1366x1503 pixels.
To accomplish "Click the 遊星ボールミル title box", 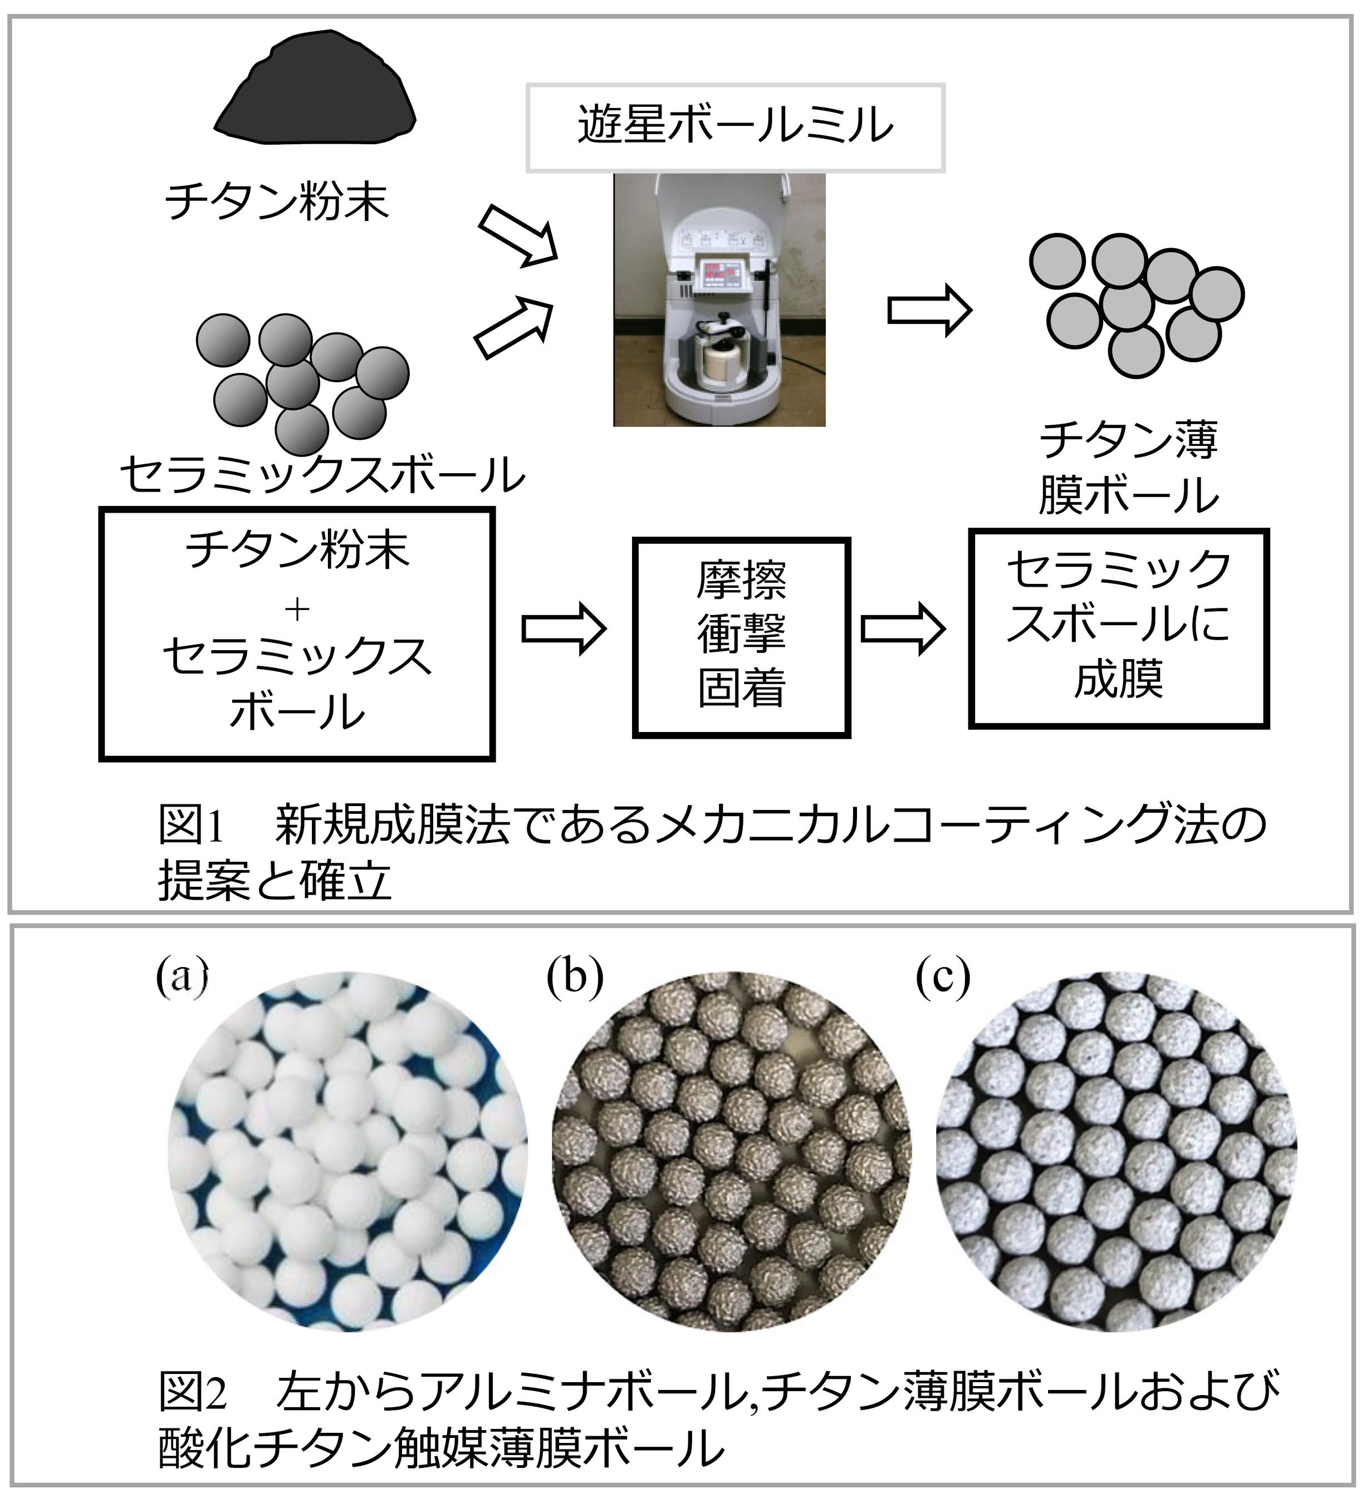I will [735, 127].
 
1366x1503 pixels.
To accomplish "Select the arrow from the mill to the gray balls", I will [929, 310].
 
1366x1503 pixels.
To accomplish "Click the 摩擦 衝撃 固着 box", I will [741, 637].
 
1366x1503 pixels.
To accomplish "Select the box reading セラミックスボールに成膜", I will [1118, 628].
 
